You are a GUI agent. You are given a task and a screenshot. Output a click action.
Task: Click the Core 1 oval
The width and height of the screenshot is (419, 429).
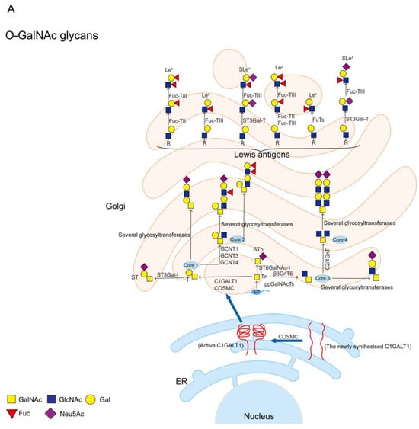point(190,264)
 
